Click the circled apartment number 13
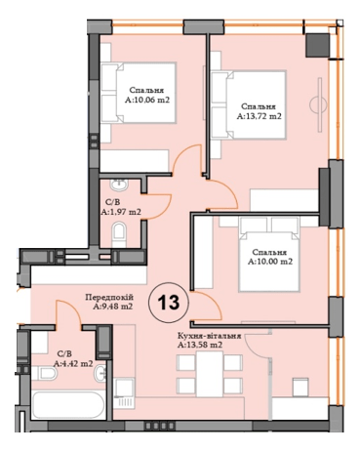168,302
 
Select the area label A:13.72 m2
260,116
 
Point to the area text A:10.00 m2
269,262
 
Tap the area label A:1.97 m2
122,211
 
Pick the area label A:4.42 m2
74,364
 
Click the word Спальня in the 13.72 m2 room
259,105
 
